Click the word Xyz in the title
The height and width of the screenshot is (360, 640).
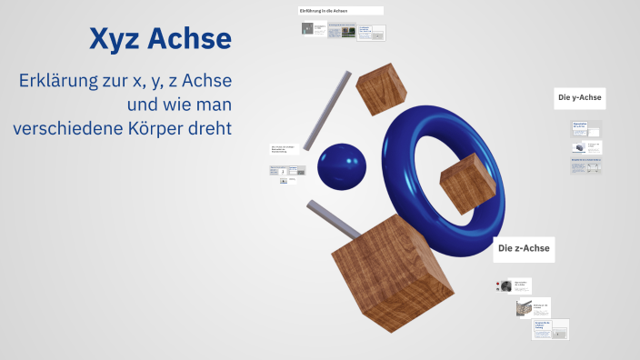(115, 38)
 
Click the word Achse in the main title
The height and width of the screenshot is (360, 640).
(190, 38)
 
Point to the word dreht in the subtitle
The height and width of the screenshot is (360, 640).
(210, 127)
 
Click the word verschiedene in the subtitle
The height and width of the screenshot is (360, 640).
(70, 127)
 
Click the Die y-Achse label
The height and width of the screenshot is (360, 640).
(580, 97)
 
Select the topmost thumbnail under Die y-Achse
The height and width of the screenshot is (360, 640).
(586, 126)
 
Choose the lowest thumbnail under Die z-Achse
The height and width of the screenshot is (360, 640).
(550, 329)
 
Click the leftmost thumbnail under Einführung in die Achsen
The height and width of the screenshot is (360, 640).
(315, 29)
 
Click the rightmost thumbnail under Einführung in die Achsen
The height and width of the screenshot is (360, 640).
(371, 33)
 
